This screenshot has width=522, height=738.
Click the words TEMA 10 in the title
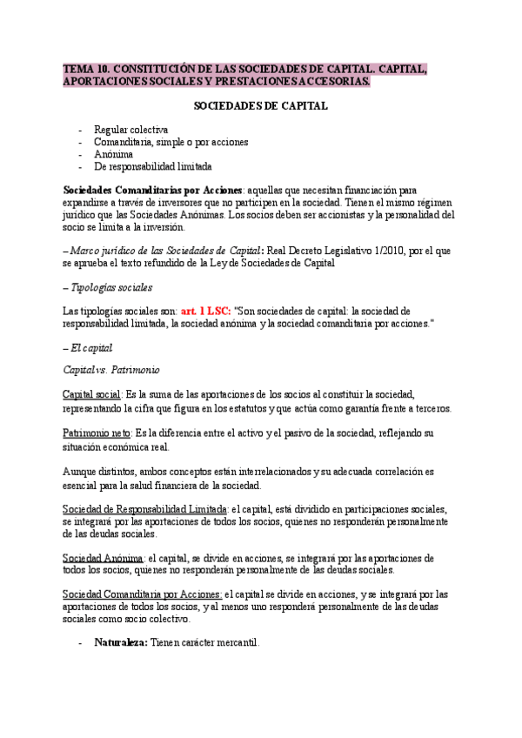[88, 69]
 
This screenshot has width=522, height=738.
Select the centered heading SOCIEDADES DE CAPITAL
[260, 106]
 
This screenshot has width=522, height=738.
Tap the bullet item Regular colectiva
[131, 130]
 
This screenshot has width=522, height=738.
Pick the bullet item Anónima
[114, 154]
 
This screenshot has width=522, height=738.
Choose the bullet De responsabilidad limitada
[153, 166]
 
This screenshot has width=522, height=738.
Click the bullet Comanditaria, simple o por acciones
[171, 142]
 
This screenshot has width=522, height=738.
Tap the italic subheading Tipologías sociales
[111, 286]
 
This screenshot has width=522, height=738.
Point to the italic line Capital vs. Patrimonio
[111, 370]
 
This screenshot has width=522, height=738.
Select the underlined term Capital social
[93, 394]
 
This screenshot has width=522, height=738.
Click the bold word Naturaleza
[121, 642]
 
